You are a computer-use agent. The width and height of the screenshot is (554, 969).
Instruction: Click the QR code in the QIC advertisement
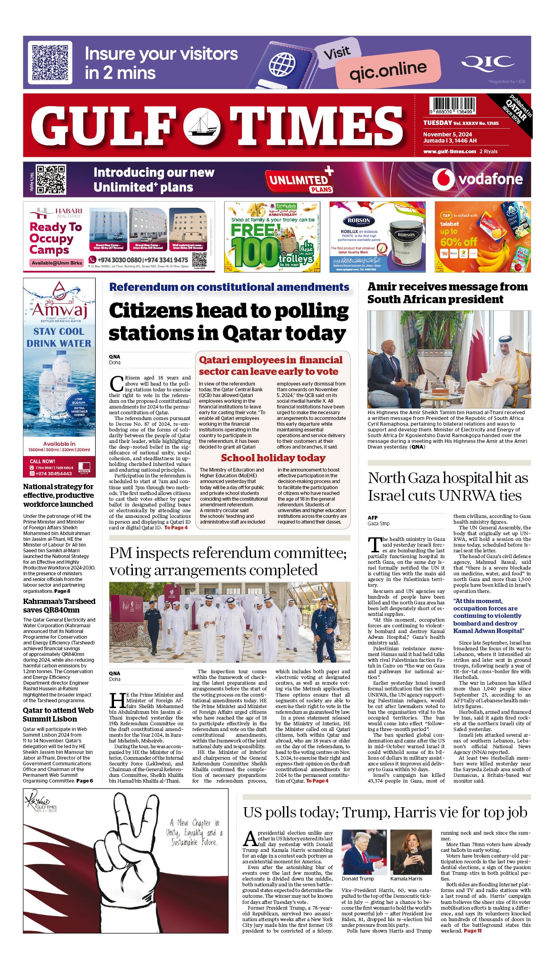coord(50,62)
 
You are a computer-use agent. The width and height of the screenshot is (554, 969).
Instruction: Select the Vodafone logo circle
coord(443,179)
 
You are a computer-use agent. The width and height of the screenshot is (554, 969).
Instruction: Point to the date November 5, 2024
coord(447,134)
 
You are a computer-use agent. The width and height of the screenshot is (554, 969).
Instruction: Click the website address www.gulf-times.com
coord(449,151)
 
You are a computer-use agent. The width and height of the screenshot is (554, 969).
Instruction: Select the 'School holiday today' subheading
coord(273,458)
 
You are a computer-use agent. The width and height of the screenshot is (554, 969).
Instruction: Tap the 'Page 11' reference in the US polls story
coord(472,931)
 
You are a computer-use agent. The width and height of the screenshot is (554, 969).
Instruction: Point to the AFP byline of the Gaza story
coord(372,517)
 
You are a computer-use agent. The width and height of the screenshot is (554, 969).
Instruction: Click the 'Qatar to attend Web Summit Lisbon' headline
coord(58,715)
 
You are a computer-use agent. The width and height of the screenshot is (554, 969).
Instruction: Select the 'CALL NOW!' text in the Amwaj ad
coord(42,461)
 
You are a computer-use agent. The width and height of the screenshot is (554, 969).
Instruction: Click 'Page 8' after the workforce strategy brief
coord(62,591)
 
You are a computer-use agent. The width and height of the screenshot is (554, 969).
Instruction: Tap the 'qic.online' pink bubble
coord(388,70)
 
